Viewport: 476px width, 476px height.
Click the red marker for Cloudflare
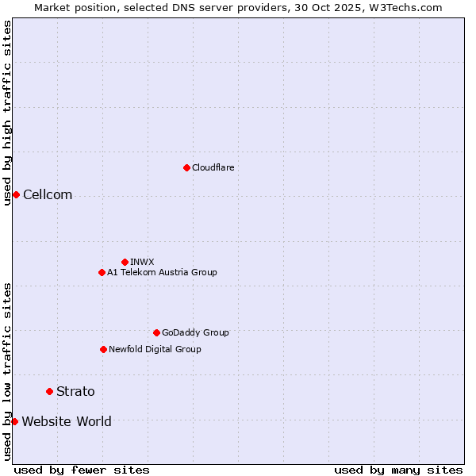(x=186, y=167)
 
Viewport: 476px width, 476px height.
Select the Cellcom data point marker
(x=16, y=195)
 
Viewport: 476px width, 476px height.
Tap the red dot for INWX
(x=125, y=262)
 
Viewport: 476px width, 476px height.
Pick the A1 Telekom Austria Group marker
(x=102, y=272)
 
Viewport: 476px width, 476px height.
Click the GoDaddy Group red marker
(x=156, y=332)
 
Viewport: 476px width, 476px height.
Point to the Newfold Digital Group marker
(x=103, y=349)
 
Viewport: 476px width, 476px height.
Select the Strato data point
(x=49, y=391)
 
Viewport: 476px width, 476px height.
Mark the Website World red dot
(x=14, y=421)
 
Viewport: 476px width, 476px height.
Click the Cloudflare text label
(x=213, y=167)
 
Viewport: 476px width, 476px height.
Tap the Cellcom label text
(x=48, y=195)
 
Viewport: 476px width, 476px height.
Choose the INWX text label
(x=142, y=262)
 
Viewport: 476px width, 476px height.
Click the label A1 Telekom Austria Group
(x=162, y=272)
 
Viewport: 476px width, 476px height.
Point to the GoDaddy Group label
(x=195, y=332)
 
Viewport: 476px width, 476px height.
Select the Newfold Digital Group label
(x=155, y=349)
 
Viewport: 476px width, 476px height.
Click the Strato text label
(x=75, y=391)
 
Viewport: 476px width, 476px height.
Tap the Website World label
(x=67, y=421)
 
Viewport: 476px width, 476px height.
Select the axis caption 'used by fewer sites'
(x=82, y=470)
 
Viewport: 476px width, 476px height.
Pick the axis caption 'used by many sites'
(x=398, y=470)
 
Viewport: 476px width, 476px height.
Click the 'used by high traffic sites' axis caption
(x=7, y=113)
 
